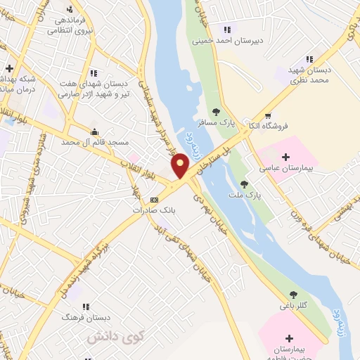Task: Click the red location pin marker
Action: tap(181, 166)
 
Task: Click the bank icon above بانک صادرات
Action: tap(155, 200)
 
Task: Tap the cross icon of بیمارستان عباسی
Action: tap(285, 156)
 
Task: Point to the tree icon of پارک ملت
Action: tap(244, 184)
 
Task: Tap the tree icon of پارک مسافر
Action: tap(216, 111)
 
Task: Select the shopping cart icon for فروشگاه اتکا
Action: tap(267, 115)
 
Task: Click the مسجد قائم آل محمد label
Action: tap(100, 142)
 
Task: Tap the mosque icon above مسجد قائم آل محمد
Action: tap(94, 131)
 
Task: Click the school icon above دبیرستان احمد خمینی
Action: tap(226, 29)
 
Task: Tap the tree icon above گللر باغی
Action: tap(294, 295)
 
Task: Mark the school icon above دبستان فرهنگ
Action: tap(86, 307)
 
